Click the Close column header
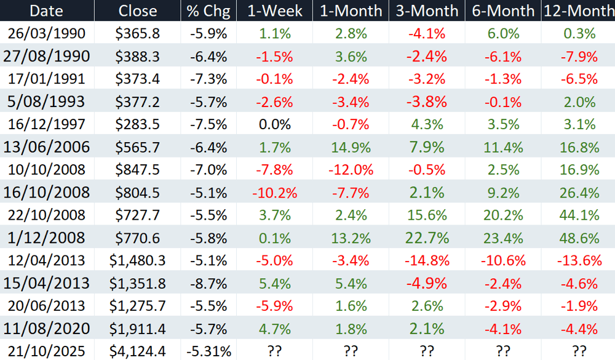click(138, 10)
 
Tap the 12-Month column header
click(579, 10)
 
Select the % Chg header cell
click(208, 11)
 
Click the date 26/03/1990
click(46, 33)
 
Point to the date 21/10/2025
click(46, 351)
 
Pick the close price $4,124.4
click(138, 351)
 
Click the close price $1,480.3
click(138, 260)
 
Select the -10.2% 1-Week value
click(274, 193)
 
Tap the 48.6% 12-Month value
click(579, 238)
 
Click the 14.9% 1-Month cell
click(351, 148)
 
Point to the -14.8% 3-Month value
click(427, 260)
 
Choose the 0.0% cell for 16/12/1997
click(274, 124)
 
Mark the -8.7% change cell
click(208, 284)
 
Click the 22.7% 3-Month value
click(427, 238)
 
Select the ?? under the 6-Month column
click(503, 351)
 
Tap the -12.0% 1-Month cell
click(351, 170)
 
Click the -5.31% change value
click(208, 351)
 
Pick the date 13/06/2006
click(46, 147)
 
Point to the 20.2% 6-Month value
click(503, 215)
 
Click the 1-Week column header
click(274, 10)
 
